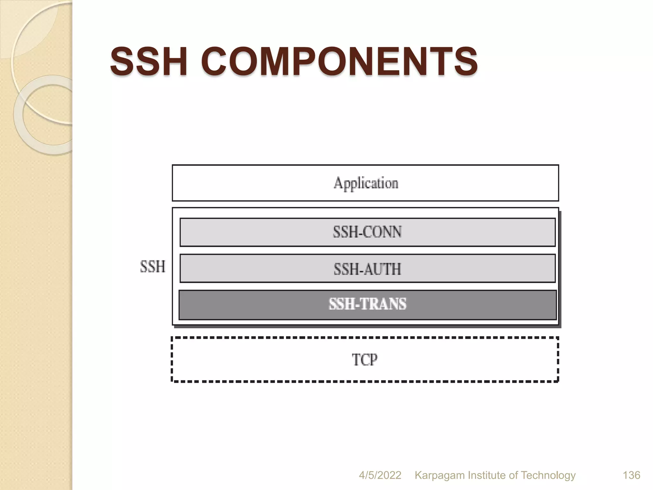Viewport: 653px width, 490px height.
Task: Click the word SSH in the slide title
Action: pyautogui.click(x=149, y=61)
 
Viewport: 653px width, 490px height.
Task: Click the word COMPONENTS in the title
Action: pyautogui.click(x=339, y=61)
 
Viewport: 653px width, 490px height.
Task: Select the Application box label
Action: pyautogui.click(x=366, y=183)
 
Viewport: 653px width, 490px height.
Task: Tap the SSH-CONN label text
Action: pyautogui.click(x=367, y=232)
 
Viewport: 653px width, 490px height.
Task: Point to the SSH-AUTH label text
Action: pyautogui.click(x=367, y=269)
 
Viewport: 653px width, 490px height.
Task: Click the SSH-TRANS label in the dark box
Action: pyautogui.click(x=368, y=304)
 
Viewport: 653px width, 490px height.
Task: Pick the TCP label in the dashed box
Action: pyautogui.click(x=365, y=360)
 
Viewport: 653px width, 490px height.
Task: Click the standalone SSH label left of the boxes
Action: pyautogui.click(x=153, y=266)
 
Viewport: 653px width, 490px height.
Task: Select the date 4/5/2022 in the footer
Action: pyautogui.click(x=380, y=475)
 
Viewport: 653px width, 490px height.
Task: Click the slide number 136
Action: pyautogui.click(x=631, y=475)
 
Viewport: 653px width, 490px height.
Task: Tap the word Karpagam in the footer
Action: pyautogui.click(x=439, y=475)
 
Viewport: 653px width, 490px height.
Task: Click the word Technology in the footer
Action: pyautogui.click(x=548, y=475)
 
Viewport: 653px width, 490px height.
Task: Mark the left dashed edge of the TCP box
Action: pyautogui.click(x=172, y=359)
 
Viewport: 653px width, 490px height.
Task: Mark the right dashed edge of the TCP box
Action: pyautogui.click(x=558, y=359)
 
